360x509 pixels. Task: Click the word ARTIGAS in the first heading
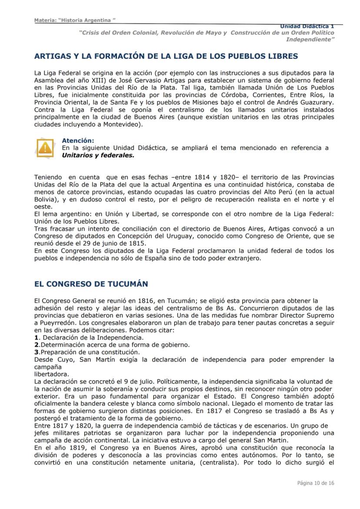(52, 56)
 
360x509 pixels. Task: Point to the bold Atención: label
(78, 141)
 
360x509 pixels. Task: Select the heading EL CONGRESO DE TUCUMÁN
(91, 284)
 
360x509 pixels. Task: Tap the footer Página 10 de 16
(316, 483)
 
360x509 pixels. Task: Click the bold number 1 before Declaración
(36, 337)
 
